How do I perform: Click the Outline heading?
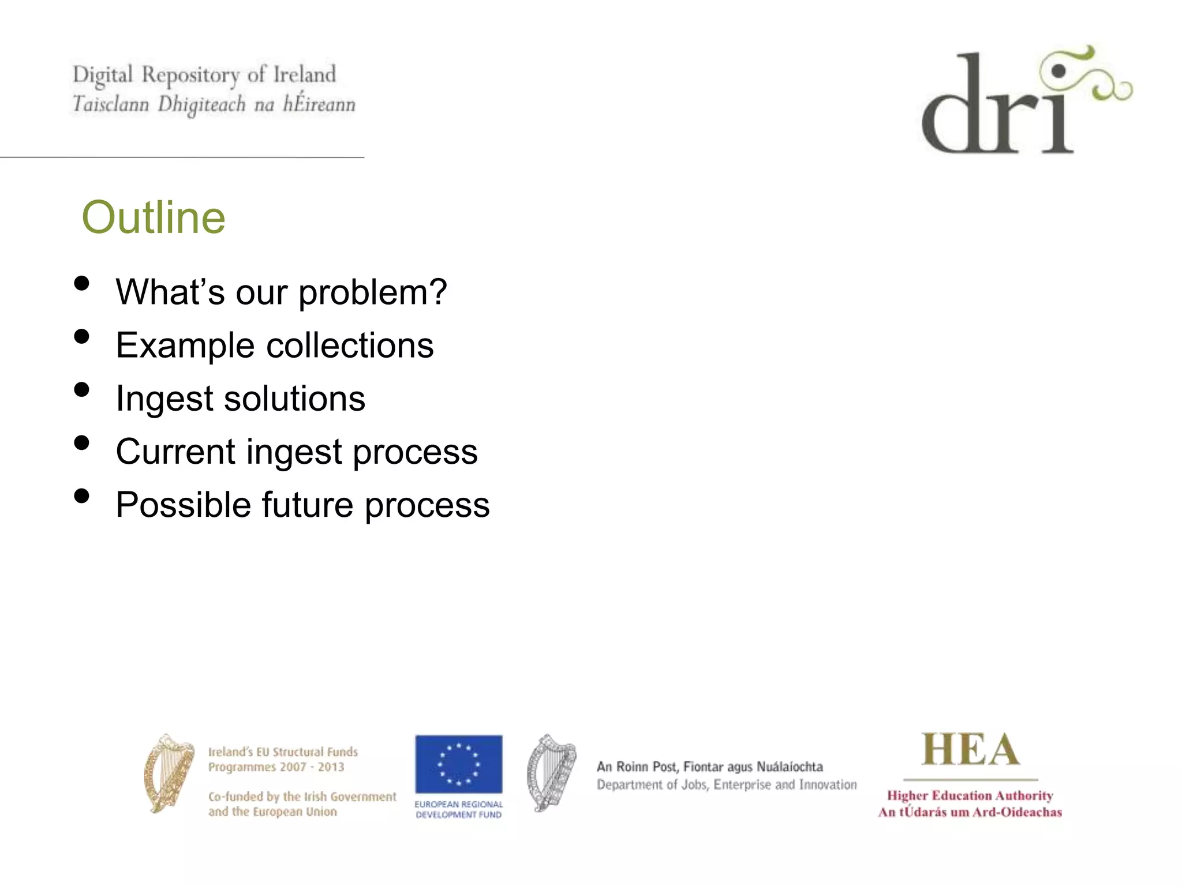(154, 217)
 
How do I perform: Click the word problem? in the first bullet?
(372, 292)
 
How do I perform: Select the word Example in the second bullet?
(185, 346)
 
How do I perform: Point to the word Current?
(175, 451)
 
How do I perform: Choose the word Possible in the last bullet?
(183, 505)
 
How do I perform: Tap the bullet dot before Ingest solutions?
(82, 390)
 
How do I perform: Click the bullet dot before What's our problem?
(82, 283)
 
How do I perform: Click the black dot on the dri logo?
(1058, 72)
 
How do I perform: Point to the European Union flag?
(458, 764)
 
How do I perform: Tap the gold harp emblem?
(169, 773)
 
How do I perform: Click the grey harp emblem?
(551, 773)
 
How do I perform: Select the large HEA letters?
(970, 750)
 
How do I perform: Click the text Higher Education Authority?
(970, 795)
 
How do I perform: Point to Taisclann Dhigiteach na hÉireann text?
(214, 104)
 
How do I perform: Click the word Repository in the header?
(190, 76)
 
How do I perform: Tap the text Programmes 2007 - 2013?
(276, 767)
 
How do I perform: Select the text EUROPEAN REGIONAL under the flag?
(458, 804)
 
